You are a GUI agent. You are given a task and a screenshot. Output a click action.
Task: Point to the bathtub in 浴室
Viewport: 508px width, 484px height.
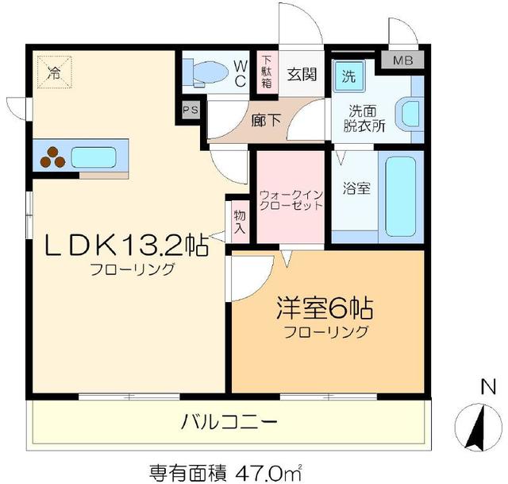401,196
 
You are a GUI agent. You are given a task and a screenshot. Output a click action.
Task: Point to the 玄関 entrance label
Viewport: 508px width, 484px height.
302,76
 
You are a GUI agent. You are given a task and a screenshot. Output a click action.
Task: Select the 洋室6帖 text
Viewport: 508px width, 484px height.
325,307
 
